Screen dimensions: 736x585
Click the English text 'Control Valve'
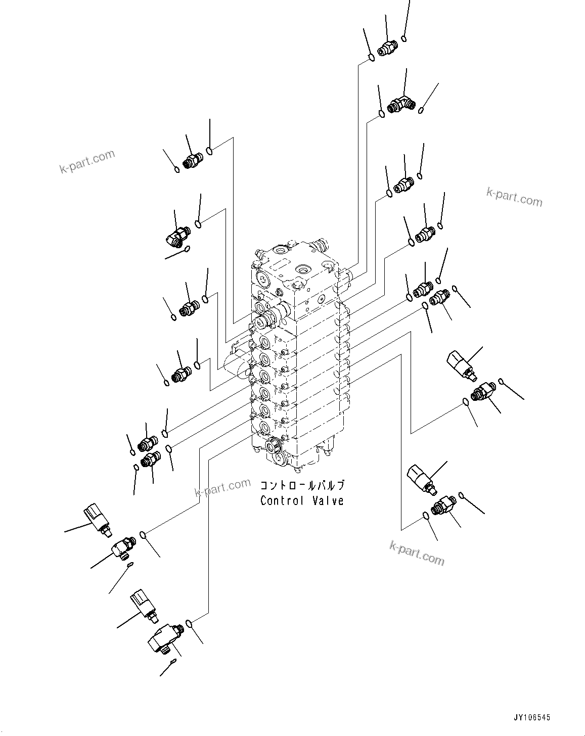pyautogui.click(x=302, y=501)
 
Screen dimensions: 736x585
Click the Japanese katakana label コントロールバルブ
pyautogui.click(x=302, y=486)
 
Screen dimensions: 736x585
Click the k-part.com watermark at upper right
pyautogui.click(x=514, y=197)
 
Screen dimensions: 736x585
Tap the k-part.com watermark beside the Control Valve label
pyautogui.click(x=222, y=488)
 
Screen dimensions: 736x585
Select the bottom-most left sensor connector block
pyautogui.click(x=144, y=604)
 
